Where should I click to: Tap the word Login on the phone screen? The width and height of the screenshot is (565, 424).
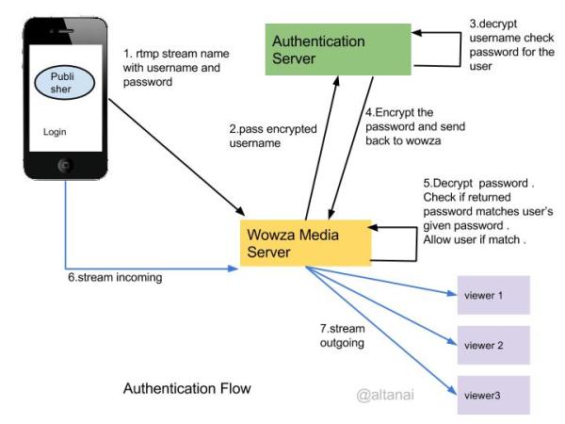point(55,132)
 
